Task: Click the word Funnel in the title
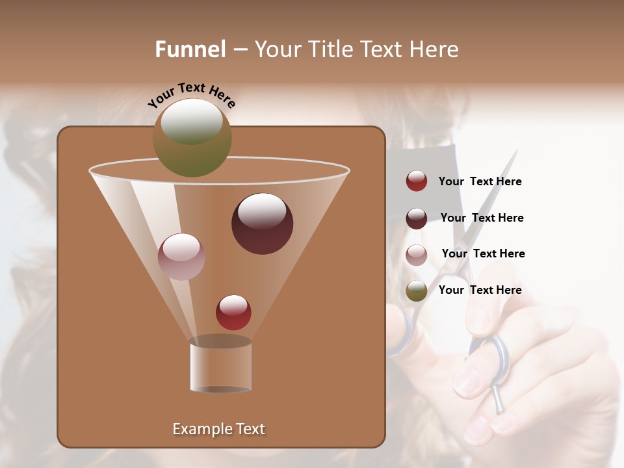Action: pyautogui.click(x=190, y=49)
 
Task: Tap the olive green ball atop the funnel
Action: pyautogui.click(x=192, y=138)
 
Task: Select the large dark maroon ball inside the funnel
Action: pyautogui.click(x=262, y=224)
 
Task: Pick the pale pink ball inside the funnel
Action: pyautogui.click(x=181, y=257)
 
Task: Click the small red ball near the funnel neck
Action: pyautogui.click(x=233, y=312)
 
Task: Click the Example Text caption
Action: pyautogui.click(x=218, y=429)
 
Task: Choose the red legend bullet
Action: pyautogui.click(x=417, y=181)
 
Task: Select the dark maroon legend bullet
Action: pyautogui.click(x=417, y=218)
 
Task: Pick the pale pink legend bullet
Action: pyautogui.click(x=417, y=254)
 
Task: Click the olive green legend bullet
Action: pyautogui.click(x=417, y=291)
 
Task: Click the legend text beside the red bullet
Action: pyautogui.click(x=480, y=181)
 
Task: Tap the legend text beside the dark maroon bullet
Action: pyautogui.click(x=482, y=218)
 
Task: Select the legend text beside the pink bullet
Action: pyautogui.click(x=483, y=253)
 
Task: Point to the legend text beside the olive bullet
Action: pyautogui.click(x=480, y=290)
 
